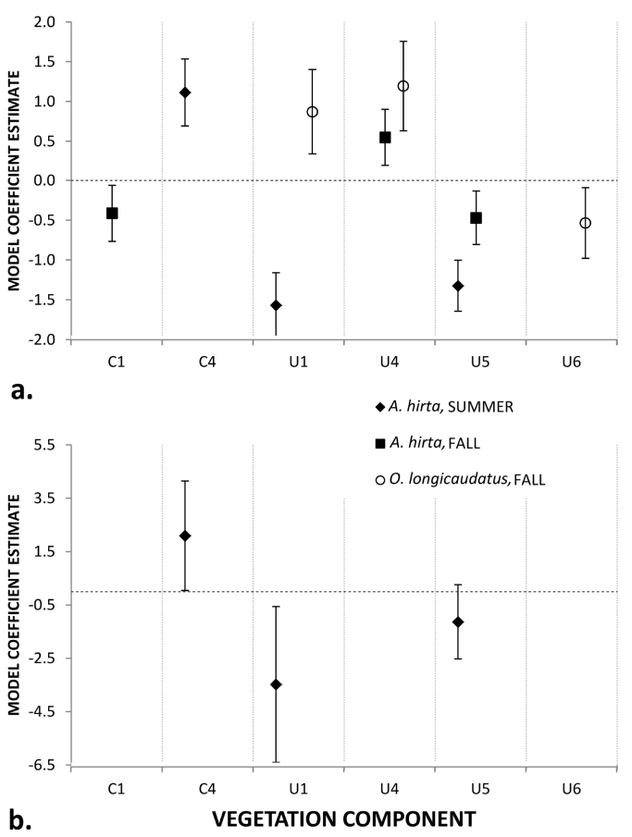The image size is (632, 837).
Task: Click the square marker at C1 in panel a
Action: click(x=112, y=214)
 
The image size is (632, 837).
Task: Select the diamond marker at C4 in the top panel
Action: click(x=185, y=92)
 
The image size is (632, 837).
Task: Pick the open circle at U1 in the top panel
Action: click(x=312, y=112)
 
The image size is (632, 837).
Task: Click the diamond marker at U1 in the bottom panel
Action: click(x=276, y=684)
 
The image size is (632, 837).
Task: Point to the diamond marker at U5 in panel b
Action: click(x=458, y=622)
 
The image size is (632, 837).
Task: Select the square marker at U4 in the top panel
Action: click(x=385, y=137)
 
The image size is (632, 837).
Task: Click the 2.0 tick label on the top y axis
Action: click(x=43, y=21)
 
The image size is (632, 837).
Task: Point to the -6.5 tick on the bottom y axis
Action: click(x=42, y=765)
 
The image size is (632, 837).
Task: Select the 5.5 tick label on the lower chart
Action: click(x=44, y=445)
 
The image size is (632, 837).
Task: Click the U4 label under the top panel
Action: click(x=389, y=361)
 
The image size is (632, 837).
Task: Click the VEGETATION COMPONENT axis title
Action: click(x=344, y=819)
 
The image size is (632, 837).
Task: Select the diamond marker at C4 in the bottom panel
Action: click(x=185, y=535)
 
